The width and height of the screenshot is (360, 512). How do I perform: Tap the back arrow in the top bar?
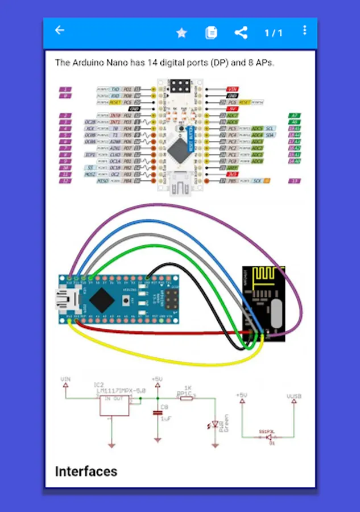[60, 31]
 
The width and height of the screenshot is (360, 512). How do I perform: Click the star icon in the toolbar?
[181, 33]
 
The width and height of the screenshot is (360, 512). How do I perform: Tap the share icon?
[241, 32]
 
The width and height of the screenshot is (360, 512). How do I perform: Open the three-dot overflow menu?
[305, 30]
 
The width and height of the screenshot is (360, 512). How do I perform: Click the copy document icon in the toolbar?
[211, 32]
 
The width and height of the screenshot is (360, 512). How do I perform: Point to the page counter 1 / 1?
[273, 33]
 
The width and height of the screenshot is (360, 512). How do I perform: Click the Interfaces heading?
[86, 471]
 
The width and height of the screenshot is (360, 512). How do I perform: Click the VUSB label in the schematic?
[293, 395]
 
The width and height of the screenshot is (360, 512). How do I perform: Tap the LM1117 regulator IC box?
[114, 404]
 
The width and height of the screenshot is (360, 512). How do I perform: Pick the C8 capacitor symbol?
[156, 412]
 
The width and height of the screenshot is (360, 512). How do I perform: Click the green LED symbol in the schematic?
[215, 424]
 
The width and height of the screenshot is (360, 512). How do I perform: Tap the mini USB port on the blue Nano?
[63, 299]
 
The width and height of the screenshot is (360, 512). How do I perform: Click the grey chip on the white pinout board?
[180, 150]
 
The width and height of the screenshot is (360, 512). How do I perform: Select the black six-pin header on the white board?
[179, 87]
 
